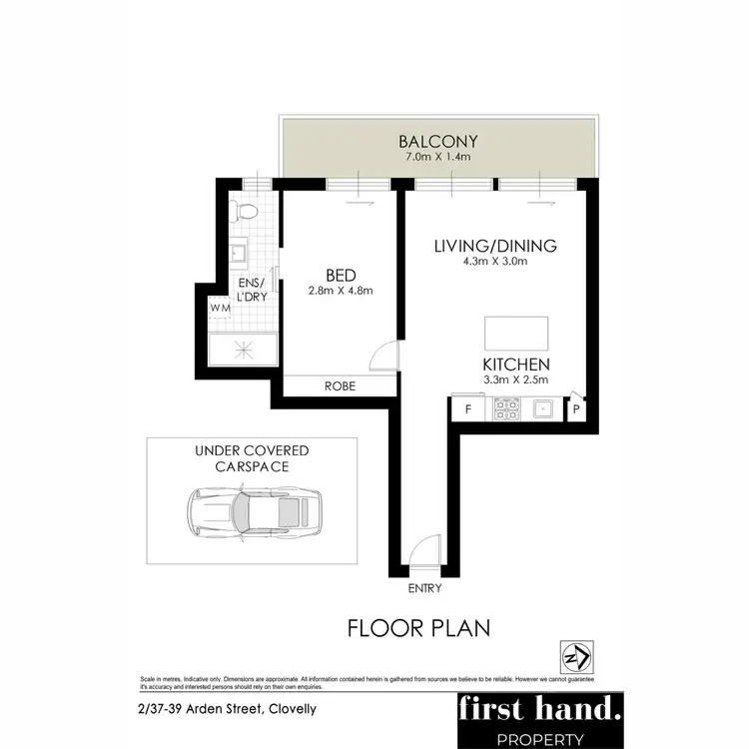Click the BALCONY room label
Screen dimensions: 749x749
click(438, 141)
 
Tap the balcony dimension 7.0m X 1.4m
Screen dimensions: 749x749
click(438, 159)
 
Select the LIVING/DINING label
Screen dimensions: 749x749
click(494, 246)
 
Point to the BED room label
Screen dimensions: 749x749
click(343, 275)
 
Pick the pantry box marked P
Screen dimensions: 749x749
click(577, 408)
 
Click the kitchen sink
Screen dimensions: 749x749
click(542, 407)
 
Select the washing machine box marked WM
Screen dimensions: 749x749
click(220, 308)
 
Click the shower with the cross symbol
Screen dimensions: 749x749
click(242, 349)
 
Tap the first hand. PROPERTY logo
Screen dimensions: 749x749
click(538, 718)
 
